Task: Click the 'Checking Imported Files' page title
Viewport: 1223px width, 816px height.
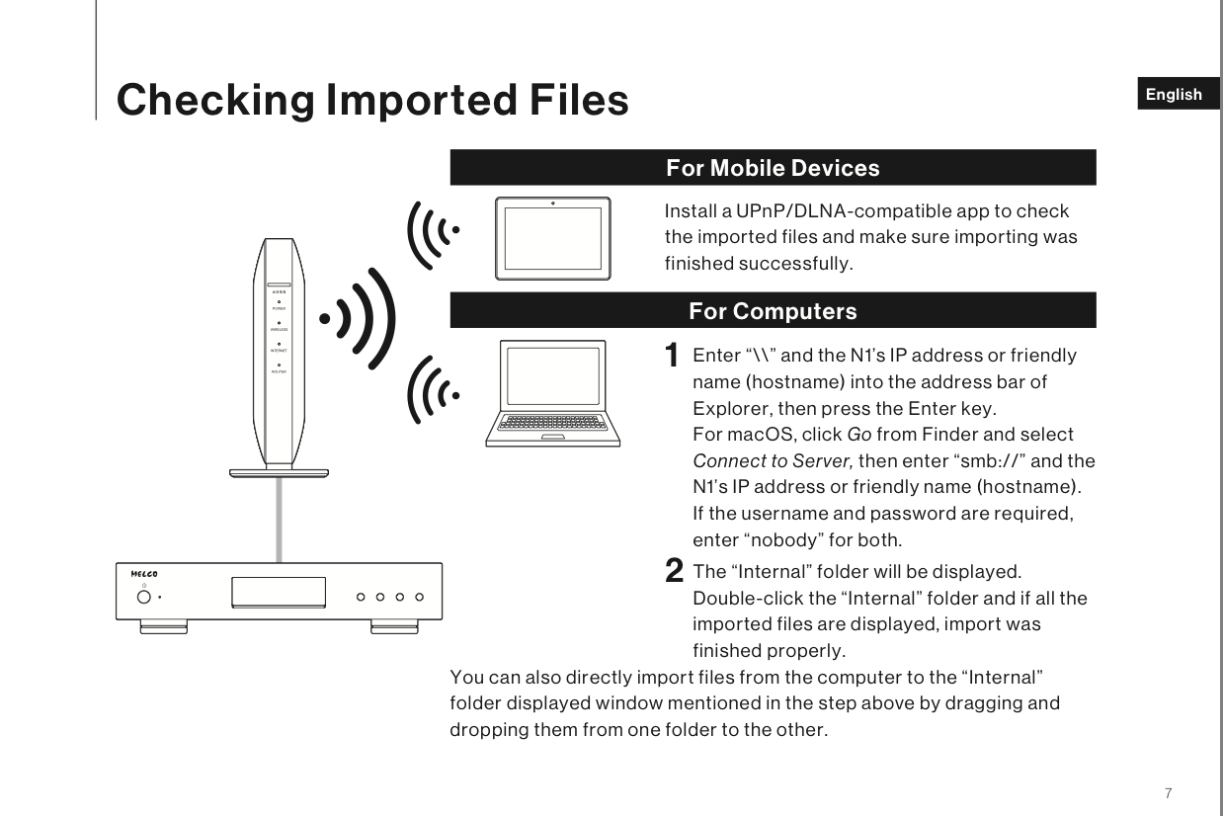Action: pyautogui.click(x=372, y=100)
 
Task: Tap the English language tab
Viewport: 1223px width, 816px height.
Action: pyautogui.click(x=1175, y=95)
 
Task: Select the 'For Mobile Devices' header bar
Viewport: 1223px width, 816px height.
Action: pyautogui.click(x=773, y=168)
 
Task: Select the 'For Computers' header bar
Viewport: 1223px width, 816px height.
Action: pyautogui.click(x=773, y=311)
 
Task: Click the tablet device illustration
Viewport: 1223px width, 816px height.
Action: pyautogui.click(x=553, y=238)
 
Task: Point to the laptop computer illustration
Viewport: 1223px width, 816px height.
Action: pyautogui.click(x=554, y=393)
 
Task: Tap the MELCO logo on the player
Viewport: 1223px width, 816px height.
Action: pyautogui.click(x=144, y=573)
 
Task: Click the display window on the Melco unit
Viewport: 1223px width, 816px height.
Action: pyautogui.click(x=278, y=592)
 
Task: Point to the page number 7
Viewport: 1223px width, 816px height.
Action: pyautogui.click(x=1169, y=792)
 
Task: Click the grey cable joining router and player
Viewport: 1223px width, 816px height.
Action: pyautogui.click(x=280, y=520)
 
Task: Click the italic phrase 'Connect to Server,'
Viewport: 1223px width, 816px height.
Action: pyautogui.click(x=774, y=461)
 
